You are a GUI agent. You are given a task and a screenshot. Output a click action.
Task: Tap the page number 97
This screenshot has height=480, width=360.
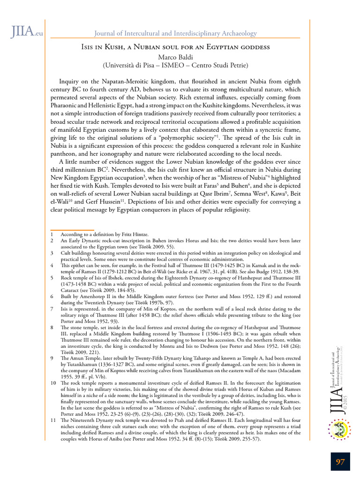coord(340,462)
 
